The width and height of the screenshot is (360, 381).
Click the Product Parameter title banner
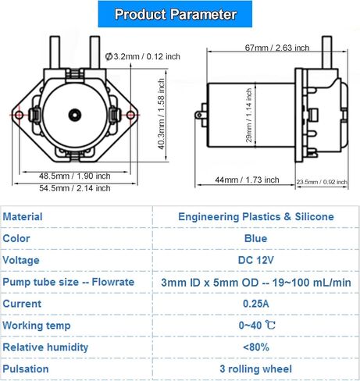coord(175,14)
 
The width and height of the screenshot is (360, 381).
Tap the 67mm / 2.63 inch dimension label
coord(277,48)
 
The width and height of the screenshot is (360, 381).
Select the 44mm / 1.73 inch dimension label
coord(247,180)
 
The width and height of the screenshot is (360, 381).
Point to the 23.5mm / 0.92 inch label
coord(322,182)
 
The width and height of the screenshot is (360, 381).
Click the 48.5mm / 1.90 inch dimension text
coord(75,176)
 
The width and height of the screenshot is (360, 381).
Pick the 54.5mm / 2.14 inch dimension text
coord(75,188)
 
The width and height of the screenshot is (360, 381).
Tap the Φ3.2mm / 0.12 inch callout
coord(142,56)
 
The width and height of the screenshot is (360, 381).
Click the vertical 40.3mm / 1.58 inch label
coord(162,114)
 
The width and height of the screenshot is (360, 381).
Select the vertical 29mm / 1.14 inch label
coord(249,115)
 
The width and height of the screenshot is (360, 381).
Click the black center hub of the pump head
coord(75,115)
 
